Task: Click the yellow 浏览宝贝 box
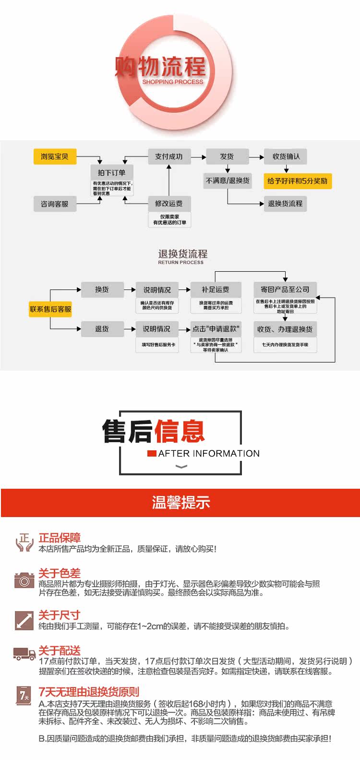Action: (x=55, y=157)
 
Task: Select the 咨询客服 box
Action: (x=55, y=204)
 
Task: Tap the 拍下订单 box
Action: (x=112, y=173)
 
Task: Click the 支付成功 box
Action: (x=169, y=157)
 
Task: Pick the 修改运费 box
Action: (x=169, y=204)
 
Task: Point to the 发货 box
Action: (x=227, y=157)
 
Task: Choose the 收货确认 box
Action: (x=286, y=157)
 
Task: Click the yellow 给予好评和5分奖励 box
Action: (x=298, y=181)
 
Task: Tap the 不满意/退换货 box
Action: (x=228, y=181)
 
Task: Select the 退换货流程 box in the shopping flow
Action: (x=285, y=204)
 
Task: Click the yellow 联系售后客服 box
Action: (x=50, y=309)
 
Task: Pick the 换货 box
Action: (x=102, y=290)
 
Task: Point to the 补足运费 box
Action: (x=216, y=290)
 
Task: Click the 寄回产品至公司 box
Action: (x=285, y=290)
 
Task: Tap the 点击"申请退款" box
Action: (x=216, y=329)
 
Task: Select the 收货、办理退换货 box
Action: (x=285, y=329)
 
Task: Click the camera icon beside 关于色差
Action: (x=24, y=580)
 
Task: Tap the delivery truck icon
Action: (x=24, y=653)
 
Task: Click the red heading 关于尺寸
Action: (x=60, y=615)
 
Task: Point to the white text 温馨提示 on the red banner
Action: (x=181, y=503)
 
